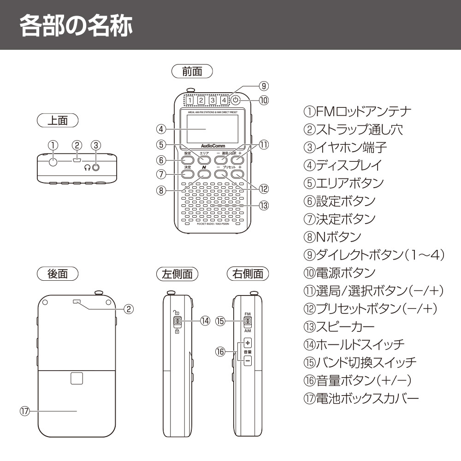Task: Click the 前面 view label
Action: point(192,71)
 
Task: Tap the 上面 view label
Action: point(58,121)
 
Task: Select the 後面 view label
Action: point(58,273)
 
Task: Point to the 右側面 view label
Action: point(248,273)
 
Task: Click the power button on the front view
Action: point(236,100)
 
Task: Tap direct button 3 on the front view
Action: point(212,100)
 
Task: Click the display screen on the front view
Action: point(213,128)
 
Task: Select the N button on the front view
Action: point(204,174)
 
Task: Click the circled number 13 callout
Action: point(264,206)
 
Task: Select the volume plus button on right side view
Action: point(248,343)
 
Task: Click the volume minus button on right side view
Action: point(248,360)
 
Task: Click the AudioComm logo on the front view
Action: point(213,147)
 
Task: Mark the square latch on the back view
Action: point(77,378)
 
